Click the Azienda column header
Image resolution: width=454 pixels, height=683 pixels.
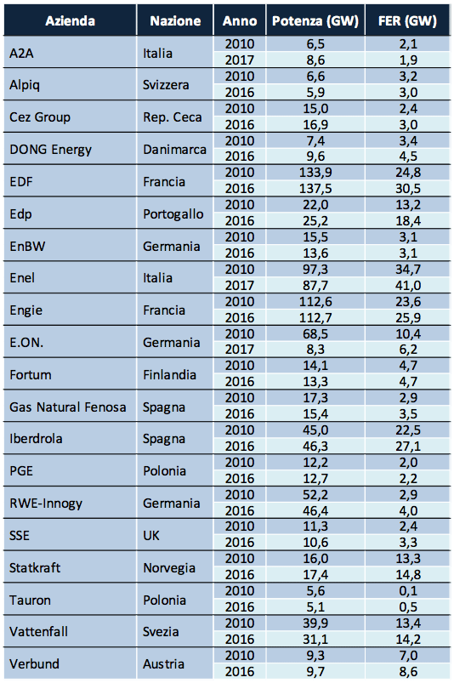point(70,21)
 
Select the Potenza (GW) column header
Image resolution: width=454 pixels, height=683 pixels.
point(315,21)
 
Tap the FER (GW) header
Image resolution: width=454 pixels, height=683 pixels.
point(407,21)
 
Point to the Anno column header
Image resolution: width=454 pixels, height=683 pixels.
point(240,21)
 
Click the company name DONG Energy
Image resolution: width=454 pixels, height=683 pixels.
point(50,150)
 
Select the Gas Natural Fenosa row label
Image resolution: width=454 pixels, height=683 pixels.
point(68,407)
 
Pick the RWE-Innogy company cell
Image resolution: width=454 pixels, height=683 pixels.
point(46,504)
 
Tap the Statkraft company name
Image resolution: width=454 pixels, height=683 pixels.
point(35,568)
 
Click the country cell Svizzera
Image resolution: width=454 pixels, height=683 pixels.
point(166,84)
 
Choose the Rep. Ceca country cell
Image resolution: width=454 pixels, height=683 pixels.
point(173,117)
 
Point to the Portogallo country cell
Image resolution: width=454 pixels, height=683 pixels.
point(173,214)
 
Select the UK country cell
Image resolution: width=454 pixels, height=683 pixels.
point(151,536)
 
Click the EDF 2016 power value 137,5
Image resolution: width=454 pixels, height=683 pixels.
point(315,189)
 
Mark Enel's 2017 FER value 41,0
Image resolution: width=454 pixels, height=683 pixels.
point(408,286)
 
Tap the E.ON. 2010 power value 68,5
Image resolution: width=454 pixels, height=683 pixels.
point(315,334)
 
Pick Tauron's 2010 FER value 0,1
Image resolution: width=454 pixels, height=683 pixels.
point(408,591)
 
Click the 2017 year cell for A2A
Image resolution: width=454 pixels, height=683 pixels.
point(240,60)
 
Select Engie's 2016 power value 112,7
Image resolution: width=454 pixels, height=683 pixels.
point(315,318)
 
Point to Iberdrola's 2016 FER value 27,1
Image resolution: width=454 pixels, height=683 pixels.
point(408,447)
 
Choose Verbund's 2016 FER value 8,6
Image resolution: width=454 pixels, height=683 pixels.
point(408,672)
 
